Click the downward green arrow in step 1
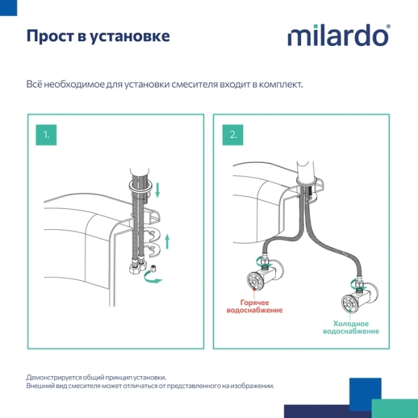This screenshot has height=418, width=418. pos(158,189)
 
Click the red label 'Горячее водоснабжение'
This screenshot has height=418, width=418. pos(261,307)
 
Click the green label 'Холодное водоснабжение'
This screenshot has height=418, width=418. pos(351,327)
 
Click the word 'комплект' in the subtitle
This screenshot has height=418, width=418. pos(281,85)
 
